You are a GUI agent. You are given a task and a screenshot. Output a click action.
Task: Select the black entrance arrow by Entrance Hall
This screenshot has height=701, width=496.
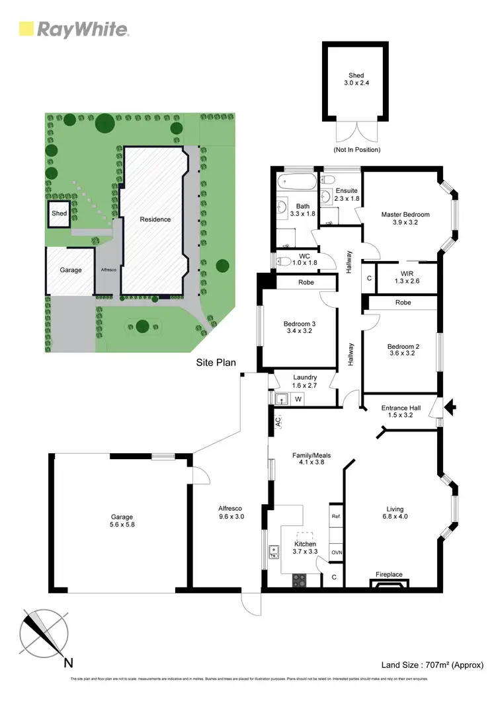[x=452, y=408]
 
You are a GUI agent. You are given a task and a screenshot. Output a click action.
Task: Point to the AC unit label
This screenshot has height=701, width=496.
[x=278, y=420]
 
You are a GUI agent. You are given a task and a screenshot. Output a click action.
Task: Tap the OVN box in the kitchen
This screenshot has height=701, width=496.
[x=335, y=552]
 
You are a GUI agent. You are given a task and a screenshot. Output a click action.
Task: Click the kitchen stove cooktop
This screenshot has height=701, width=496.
[x=300, y=580]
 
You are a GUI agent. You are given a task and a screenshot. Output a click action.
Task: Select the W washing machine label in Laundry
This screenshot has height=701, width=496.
[x=298, y=398]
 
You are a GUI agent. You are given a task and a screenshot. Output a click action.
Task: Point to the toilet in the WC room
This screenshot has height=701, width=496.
[x=283, y=260]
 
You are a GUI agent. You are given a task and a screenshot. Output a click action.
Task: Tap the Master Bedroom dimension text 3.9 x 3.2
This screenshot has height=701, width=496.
[x=405, y=223]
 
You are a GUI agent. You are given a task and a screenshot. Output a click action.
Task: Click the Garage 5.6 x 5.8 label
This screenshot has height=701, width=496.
[x=122, y=521]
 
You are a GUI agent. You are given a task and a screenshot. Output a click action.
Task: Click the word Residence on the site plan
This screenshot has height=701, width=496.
[x=155, y=219]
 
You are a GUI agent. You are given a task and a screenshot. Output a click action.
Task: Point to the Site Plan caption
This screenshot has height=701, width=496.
[x=216, y=363]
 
